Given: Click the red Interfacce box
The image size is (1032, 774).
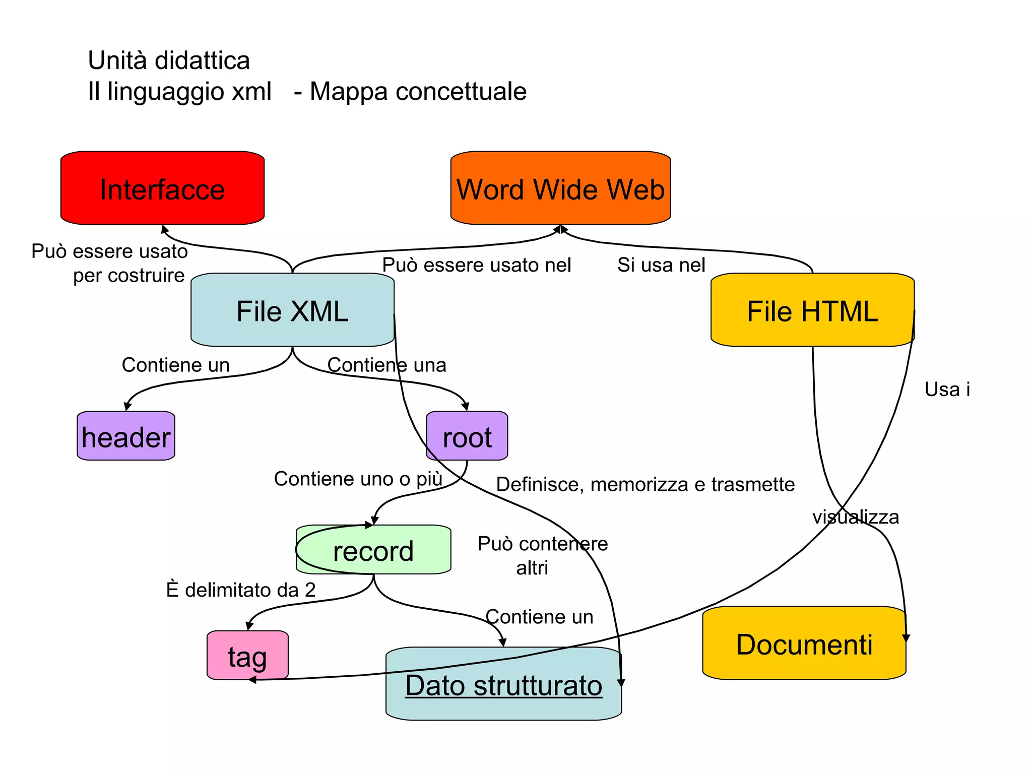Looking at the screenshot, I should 162,188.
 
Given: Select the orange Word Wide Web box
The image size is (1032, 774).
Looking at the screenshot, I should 560,188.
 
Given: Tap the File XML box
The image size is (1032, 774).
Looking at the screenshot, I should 292,310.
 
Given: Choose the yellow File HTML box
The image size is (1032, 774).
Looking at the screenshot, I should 812,310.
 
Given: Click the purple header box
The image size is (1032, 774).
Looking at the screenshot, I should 126,436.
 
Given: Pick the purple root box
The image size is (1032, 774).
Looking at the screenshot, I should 467,436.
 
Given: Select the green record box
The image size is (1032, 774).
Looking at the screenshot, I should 373,550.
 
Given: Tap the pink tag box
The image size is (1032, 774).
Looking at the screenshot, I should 247,656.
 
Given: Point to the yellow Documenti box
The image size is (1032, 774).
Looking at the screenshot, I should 804,644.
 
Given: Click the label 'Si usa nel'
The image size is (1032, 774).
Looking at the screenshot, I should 661,265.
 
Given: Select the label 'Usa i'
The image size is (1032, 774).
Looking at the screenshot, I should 947,390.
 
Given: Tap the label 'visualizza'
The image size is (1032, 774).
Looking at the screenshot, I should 855,517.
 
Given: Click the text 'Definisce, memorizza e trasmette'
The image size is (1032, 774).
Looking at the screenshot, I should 645,484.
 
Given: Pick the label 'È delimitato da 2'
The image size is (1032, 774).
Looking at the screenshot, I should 241,590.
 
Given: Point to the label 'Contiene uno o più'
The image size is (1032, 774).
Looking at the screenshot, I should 358,479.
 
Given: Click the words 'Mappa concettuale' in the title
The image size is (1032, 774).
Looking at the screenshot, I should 418,92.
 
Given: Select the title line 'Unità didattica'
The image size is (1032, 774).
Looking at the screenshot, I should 169,60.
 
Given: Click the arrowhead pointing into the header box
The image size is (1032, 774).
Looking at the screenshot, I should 127,406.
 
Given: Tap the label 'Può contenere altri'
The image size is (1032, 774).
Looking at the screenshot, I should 542,555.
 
